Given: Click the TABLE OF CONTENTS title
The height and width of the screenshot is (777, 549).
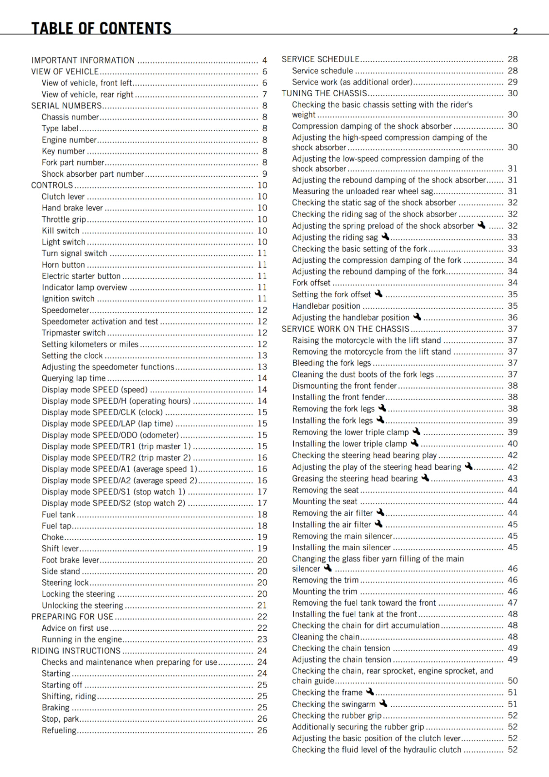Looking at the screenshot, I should [x=101, y=28].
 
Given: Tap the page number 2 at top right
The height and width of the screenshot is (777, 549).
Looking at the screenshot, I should [x=515, y=31].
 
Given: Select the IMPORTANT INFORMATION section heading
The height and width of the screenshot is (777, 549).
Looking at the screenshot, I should [x=83, y=60].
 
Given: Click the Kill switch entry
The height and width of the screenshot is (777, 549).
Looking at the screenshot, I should [x=60, y=231].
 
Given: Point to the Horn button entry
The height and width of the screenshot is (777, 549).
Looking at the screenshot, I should [x=63, y=265].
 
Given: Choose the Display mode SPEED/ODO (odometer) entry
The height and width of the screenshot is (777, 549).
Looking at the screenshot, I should [x=110, y=435].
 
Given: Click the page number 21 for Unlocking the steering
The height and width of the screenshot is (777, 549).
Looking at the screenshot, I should [x=262, y=605].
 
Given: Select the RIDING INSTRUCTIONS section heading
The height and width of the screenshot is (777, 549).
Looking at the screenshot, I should [x=76, y=651].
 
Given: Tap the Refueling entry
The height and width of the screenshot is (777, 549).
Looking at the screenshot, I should [x=59, y=730].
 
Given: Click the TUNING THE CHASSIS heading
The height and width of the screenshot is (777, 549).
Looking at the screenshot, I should [x=325, y=93].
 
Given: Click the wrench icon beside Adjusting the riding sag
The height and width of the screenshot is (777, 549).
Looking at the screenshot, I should [x=385, y=236].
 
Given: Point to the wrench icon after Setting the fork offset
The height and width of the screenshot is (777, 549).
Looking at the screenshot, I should [x=378, y=294].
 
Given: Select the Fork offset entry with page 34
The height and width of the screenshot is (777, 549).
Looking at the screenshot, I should [x=311, y=283].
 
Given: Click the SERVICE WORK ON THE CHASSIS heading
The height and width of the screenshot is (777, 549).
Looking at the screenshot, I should [x=345, y=329].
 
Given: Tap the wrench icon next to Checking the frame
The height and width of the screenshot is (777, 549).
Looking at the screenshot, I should [x=370, y=692].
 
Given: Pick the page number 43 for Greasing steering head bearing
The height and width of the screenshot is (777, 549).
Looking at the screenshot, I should [x=513, y=478].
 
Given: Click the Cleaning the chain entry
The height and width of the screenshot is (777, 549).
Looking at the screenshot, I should [x=326, y=637].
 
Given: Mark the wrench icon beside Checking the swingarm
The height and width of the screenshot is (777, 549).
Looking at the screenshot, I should [x=383, y=703].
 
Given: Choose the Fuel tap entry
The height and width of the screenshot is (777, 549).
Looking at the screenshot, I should [x=56, y=525].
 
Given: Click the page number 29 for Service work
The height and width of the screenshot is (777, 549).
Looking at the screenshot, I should [x=513, y=82].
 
